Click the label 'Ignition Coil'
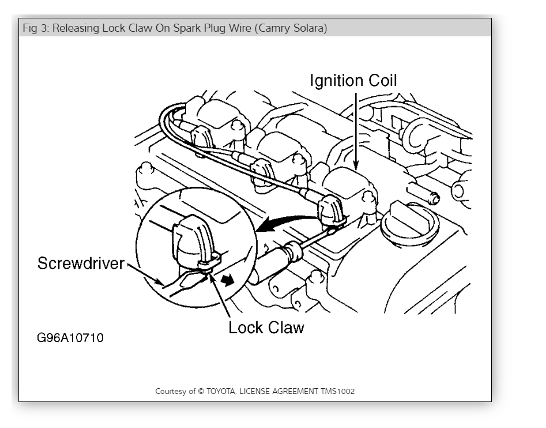click(x=353, y=80)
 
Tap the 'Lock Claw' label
click(x=266, y=327)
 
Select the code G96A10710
click(x=70, y=338)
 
